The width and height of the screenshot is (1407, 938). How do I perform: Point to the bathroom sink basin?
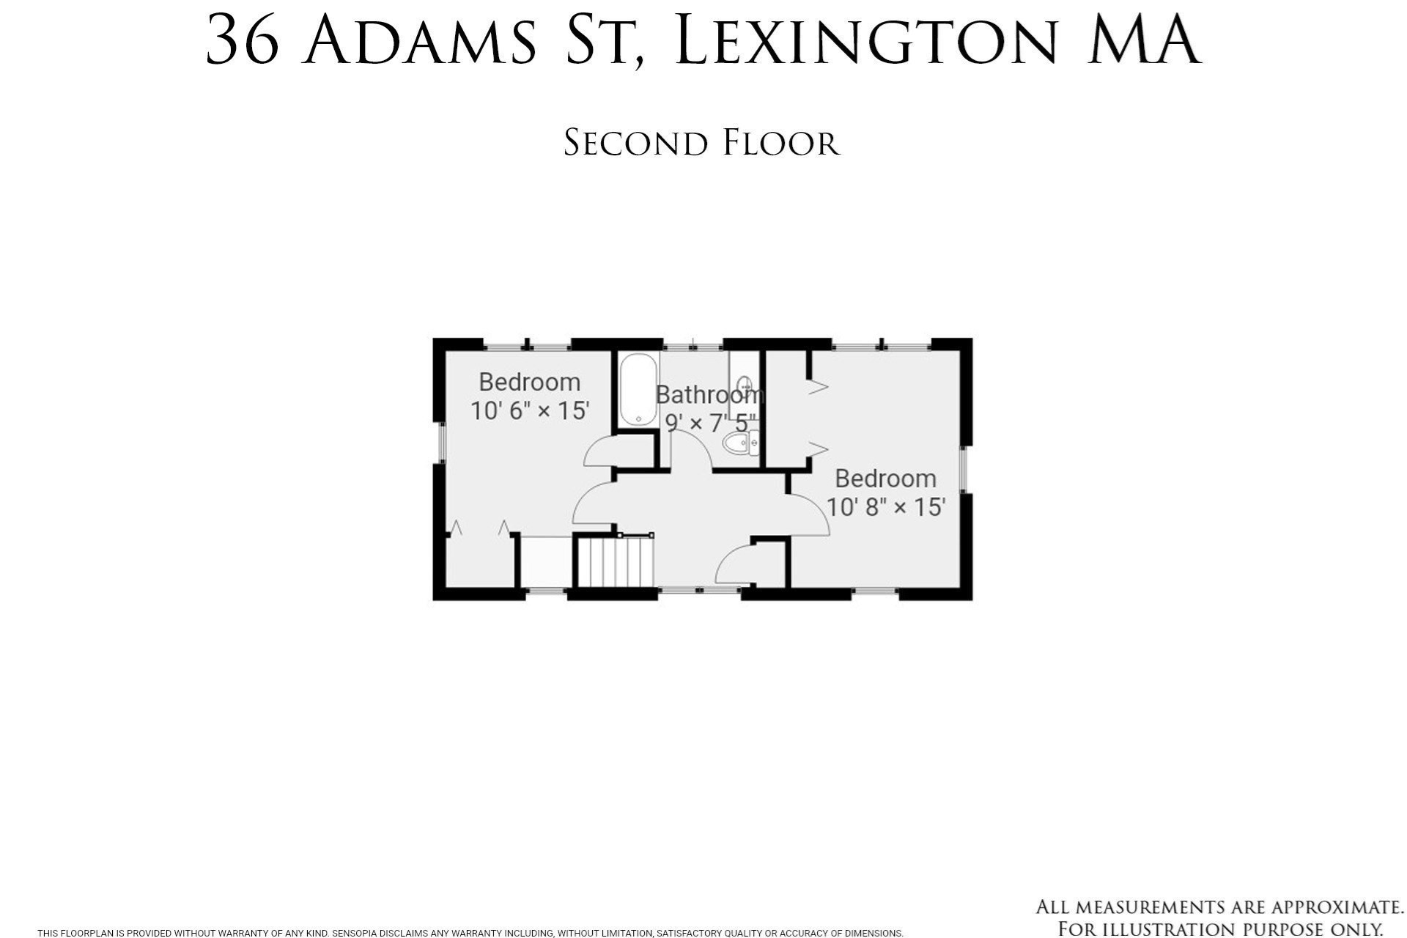(745, 384)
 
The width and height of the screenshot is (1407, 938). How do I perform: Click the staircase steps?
(615, 562)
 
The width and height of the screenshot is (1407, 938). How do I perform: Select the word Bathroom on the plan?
(709, 395)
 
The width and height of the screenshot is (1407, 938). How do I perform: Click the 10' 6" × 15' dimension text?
(529, 410)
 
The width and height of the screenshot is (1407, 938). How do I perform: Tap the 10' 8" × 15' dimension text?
(885, 506)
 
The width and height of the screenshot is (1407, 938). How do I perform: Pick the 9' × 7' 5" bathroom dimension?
(709, 423)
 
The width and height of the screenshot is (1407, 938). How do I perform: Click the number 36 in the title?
(243, 42)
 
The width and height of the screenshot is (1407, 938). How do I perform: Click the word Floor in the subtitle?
(780, 143)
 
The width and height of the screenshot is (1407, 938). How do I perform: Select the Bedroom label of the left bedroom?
(529, 382)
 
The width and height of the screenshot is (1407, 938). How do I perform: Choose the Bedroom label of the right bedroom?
(885, 479)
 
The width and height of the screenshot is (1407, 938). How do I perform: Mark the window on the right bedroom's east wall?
(964, 469)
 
